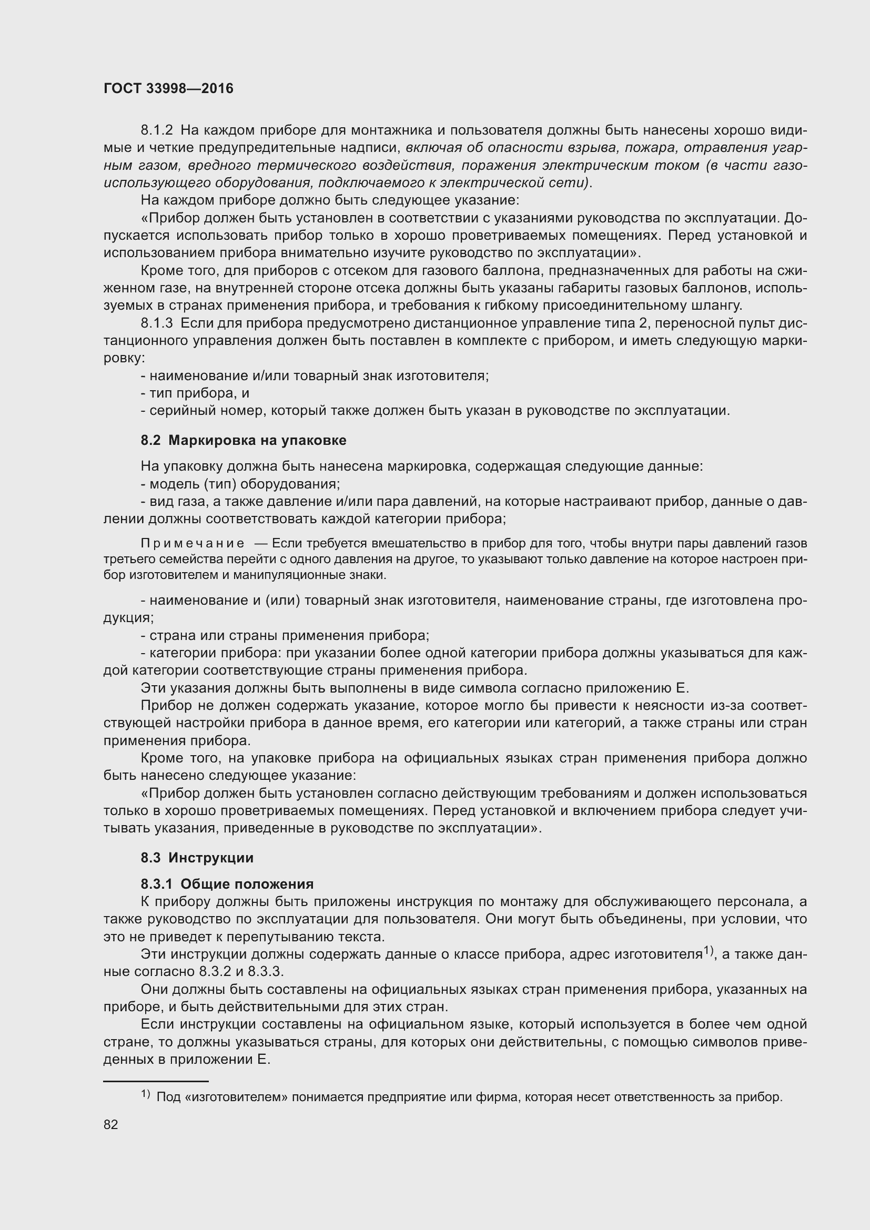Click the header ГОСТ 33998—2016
coord(168,88)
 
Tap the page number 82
coord(110,1124)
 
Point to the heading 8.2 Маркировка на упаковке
coord(243,440)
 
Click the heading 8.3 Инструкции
coord(197,858)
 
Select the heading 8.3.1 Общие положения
coord(227,884)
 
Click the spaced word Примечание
coord(193,544)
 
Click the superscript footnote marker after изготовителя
coord(708,950)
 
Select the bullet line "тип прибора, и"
coord(195,393)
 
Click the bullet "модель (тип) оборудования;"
coord(240,484)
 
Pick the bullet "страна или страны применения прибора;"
coord(285,635)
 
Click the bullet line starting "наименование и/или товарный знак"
coord(315,375)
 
